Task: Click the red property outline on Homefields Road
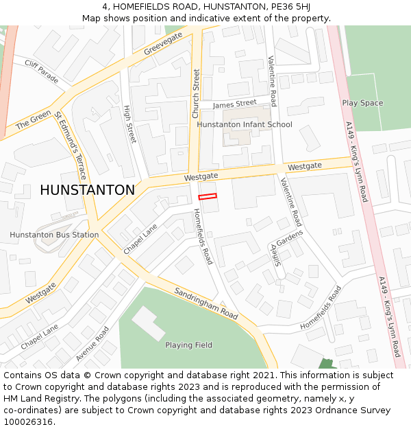(x=208, y=197)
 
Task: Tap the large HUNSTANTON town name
(x=87, y=190)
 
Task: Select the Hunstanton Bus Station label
(x=54, y=235)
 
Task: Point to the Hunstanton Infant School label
(x=245, y=124)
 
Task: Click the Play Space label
(x=362, y=103)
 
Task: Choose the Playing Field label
(x=188, y=345)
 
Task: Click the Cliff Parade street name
(x=42, y=69)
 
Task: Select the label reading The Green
(x=34, y=119)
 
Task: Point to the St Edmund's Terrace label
(x=71, y=136)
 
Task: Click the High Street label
(x=129, y=124)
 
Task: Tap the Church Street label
(x=196, y=93)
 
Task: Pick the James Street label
(x=234, y=104)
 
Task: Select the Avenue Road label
(x=92, y=343)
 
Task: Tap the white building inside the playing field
(x=149, y=323)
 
